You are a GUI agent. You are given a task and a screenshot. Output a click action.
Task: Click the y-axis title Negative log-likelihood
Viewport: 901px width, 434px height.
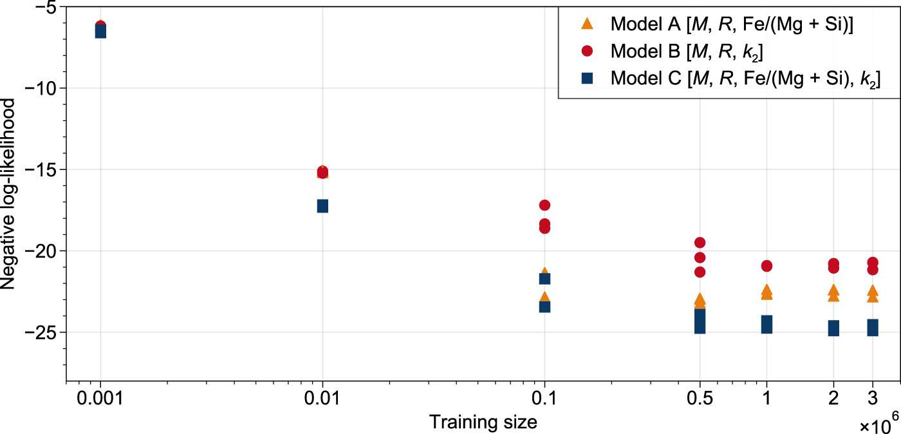(x=8, y=193)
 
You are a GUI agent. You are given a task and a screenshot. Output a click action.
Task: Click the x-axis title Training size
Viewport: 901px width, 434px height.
(x=483, y=422)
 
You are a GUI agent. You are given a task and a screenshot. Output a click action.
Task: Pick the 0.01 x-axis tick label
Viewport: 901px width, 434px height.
(x=322, y=398)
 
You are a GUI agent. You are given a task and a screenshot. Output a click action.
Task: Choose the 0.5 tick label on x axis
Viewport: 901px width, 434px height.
(x=700, y=398)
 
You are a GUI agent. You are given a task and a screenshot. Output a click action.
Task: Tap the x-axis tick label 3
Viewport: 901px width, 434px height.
(x=873, y=398)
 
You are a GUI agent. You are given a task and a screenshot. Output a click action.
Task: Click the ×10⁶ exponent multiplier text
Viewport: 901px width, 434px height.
(x=879, y=425)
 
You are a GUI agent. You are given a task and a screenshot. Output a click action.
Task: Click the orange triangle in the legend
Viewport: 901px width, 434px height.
(x=587, y=24)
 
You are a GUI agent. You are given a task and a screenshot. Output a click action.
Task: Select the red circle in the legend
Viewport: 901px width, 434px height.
(x=587, y=51)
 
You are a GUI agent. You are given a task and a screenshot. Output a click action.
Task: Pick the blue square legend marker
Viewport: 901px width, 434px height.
(x=587, y=78)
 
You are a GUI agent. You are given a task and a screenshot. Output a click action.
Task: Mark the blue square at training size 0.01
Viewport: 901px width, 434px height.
(x=322, y=206)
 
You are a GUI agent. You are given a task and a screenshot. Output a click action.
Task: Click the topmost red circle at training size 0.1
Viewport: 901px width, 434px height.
(x=544, y=205)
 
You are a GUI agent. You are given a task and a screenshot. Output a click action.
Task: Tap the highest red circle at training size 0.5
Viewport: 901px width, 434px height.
(x=700, y=242)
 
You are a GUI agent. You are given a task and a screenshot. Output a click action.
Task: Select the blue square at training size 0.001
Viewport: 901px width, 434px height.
(x=100, y=32)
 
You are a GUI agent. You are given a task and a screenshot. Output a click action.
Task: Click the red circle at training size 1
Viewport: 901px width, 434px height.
(x=766, y=266)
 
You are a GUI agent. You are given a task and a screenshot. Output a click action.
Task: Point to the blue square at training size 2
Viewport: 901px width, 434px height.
(x=833, y=328)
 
